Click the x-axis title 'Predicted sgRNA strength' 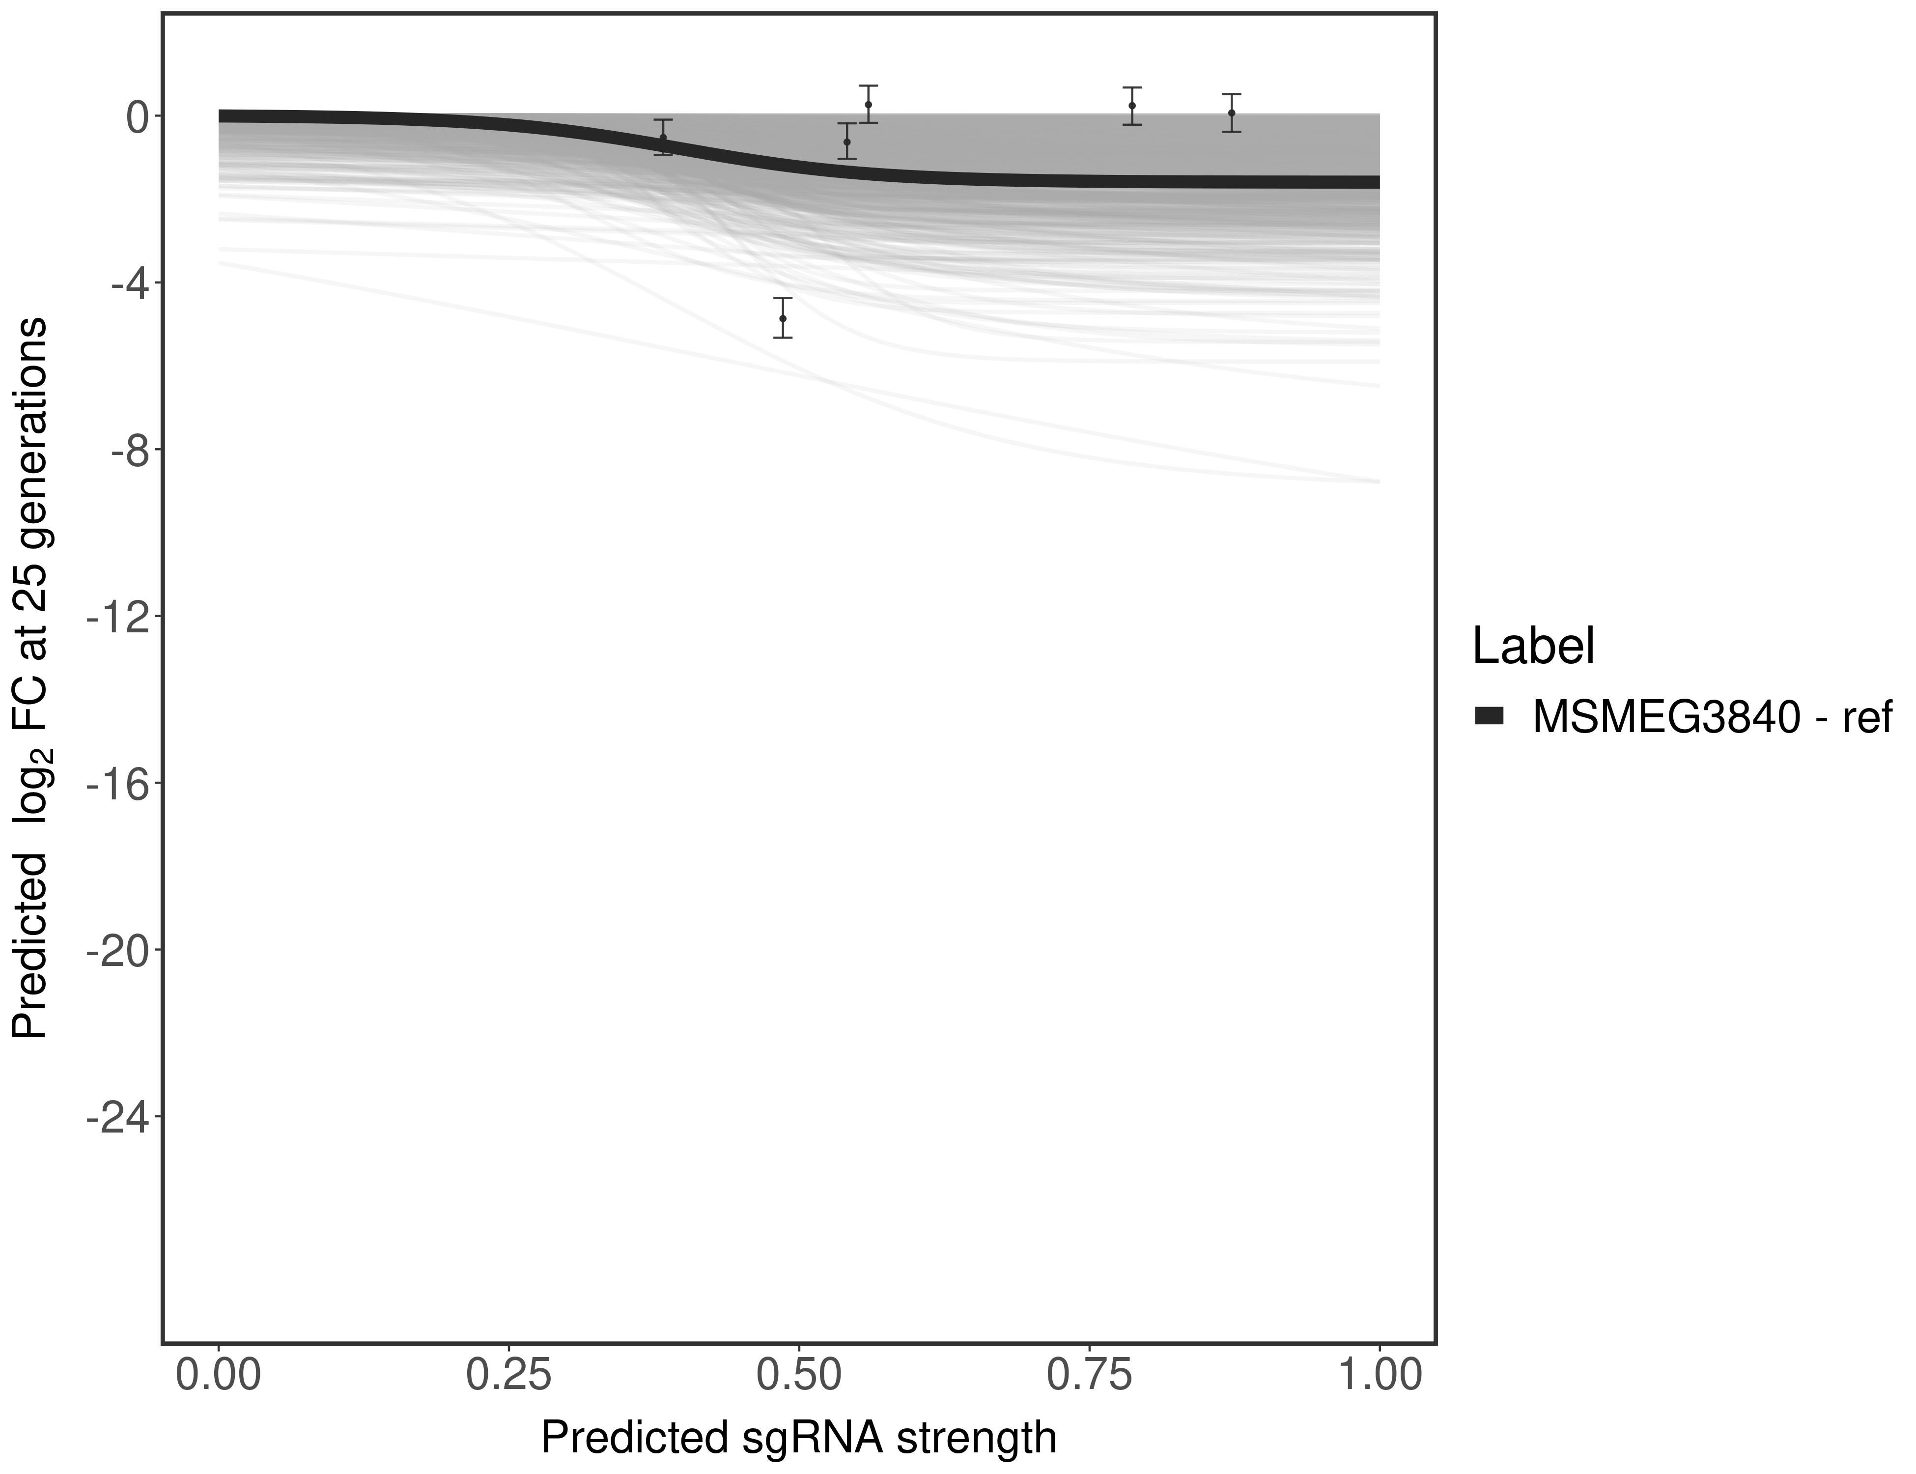pos(798,1439)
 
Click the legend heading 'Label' pos(1533,647)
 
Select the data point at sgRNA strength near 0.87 pos(1232,113)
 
